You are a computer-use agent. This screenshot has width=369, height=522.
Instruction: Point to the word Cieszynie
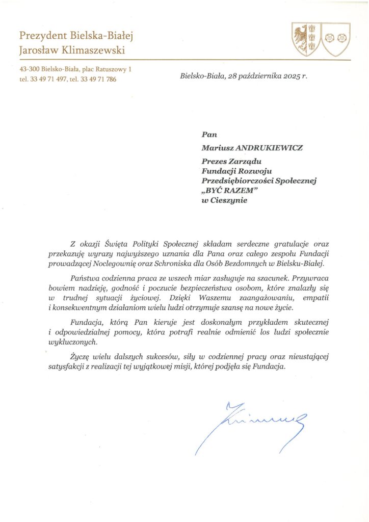(x=229, y=200)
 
